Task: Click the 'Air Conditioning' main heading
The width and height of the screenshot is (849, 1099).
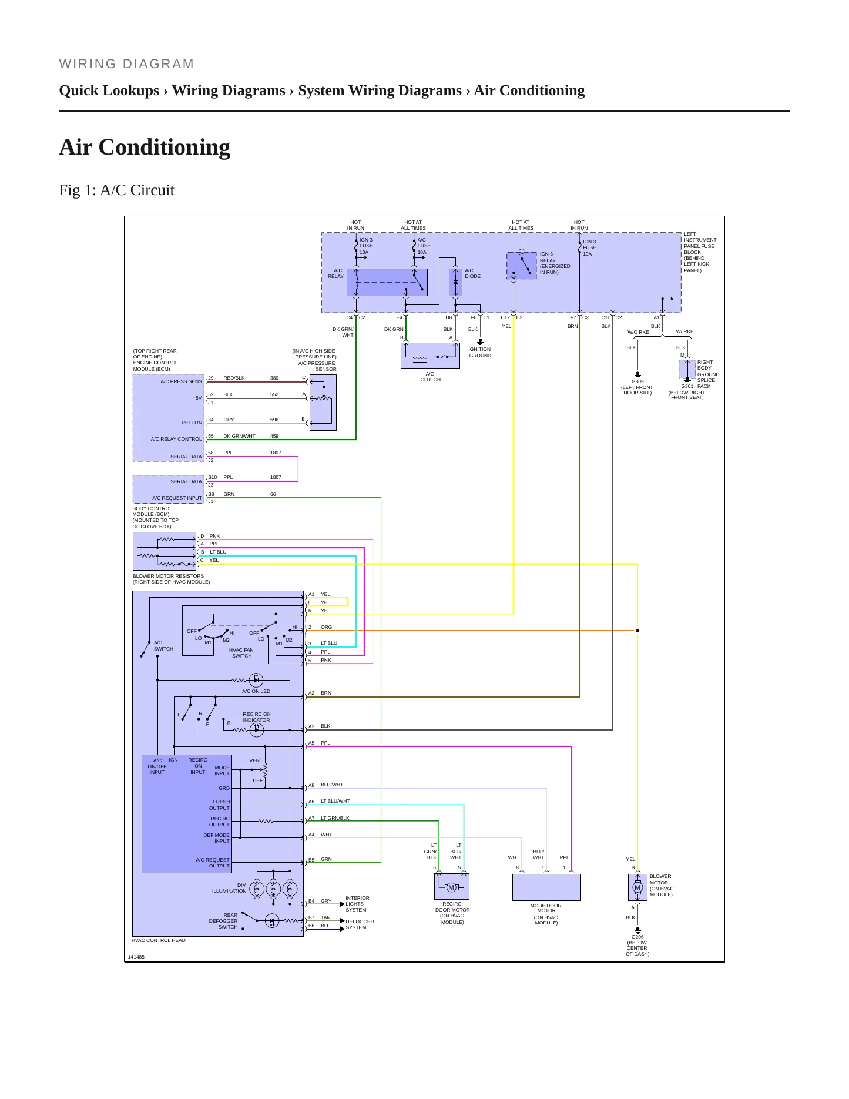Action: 145,147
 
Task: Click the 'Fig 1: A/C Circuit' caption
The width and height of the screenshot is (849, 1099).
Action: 116,190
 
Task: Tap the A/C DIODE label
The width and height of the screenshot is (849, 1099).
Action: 472,273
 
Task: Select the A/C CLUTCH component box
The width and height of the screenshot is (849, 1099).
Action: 430,356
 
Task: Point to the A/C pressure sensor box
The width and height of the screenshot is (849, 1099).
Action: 323,403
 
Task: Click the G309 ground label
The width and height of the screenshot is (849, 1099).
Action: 637,381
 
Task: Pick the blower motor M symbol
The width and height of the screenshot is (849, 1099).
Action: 637,887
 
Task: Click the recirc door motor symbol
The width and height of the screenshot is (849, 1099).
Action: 451,887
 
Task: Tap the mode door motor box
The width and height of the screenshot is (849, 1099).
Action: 546,887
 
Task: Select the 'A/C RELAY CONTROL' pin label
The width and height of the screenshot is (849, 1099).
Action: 176,439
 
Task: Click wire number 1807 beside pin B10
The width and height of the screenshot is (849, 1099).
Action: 276,477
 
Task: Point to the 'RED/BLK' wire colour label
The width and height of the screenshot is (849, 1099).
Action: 234,378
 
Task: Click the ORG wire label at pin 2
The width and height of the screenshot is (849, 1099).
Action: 326,627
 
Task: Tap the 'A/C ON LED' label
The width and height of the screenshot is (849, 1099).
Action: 256,691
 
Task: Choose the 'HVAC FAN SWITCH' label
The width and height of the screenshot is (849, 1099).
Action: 241,653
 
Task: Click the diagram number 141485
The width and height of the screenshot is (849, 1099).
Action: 136,957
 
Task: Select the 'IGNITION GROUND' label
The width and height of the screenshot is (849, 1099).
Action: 480,352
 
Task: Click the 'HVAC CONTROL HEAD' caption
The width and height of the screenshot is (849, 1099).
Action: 159,940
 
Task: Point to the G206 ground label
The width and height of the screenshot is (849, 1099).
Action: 637,937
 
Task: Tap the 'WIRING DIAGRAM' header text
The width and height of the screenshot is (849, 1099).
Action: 126,64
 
